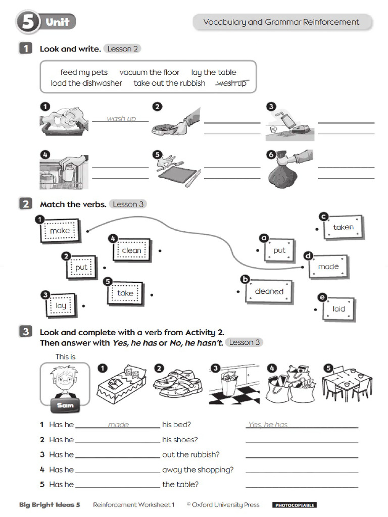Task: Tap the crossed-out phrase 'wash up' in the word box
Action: pyautogui.click(x=231, y=83)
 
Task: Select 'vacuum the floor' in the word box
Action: pyautogui.click(x=150, y=72)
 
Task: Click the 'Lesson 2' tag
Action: pyautogui.click(x=122, y=49)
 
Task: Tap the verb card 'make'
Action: pyautogui.click(x=60, y=231)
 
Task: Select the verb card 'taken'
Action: pyautogui.click(x=343, y=227)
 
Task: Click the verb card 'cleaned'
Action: pyautogui.click(x=269, y=291)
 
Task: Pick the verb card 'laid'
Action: pyautogui.click(x=338, y=309)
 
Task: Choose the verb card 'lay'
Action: pyautogui.click(x=61, y=305)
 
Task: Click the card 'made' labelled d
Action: pyautogui.click(x=328, y=267)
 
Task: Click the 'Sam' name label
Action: pyautogui.click(x=65, y=405)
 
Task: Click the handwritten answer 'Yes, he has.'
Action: pyautogui.click(x=268, y=425)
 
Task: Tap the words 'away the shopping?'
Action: pyautogui.click(x=198, y=470)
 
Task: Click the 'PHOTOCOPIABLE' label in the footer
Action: pyautogui.click(x=295, y=505)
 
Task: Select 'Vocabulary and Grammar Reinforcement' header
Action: pyautogui.click(x=281, y=22)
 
